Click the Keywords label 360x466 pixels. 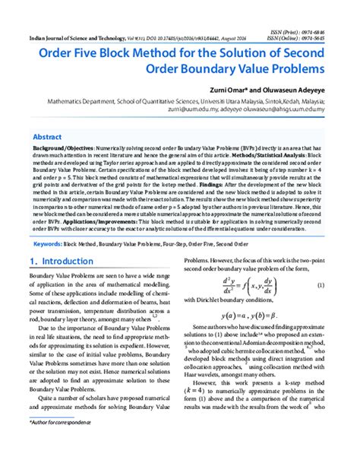tap(46, 244)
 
